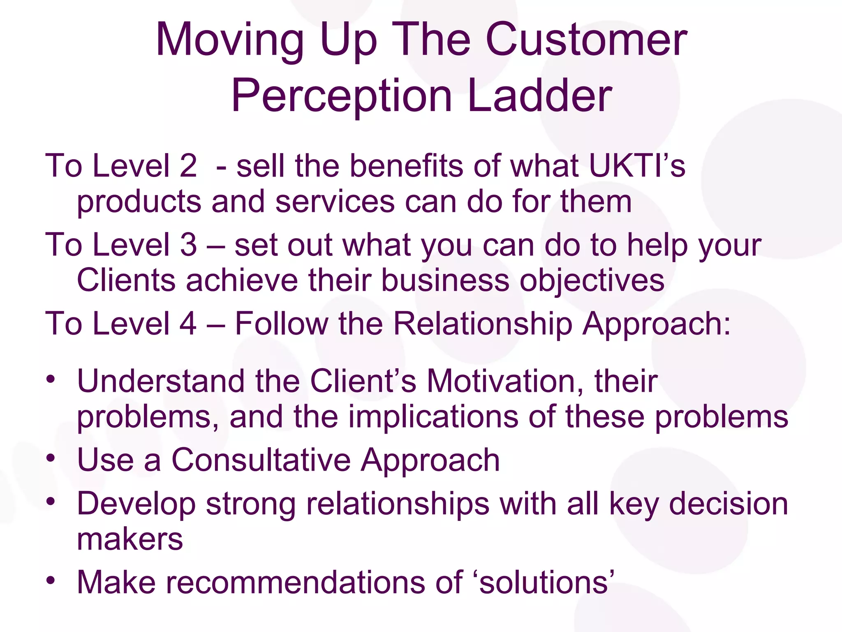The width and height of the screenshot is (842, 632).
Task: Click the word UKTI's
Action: (637, 166)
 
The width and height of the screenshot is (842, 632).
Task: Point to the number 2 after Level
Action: (188, 166)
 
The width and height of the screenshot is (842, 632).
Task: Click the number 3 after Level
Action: (188, 245)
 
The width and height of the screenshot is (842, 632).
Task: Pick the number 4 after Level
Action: (188, 323)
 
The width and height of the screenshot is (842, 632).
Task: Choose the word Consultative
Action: (261, 460)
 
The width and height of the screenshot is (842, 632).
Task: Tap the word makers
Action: (130, 539)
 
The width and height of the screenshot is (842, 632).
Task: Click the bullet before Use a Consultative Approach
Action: (50, 458)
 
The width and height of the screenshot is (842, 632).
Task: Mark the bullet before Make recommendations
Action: (50, 581)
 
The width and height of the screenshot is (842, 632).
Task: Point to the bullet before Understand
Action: (50, 379)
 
